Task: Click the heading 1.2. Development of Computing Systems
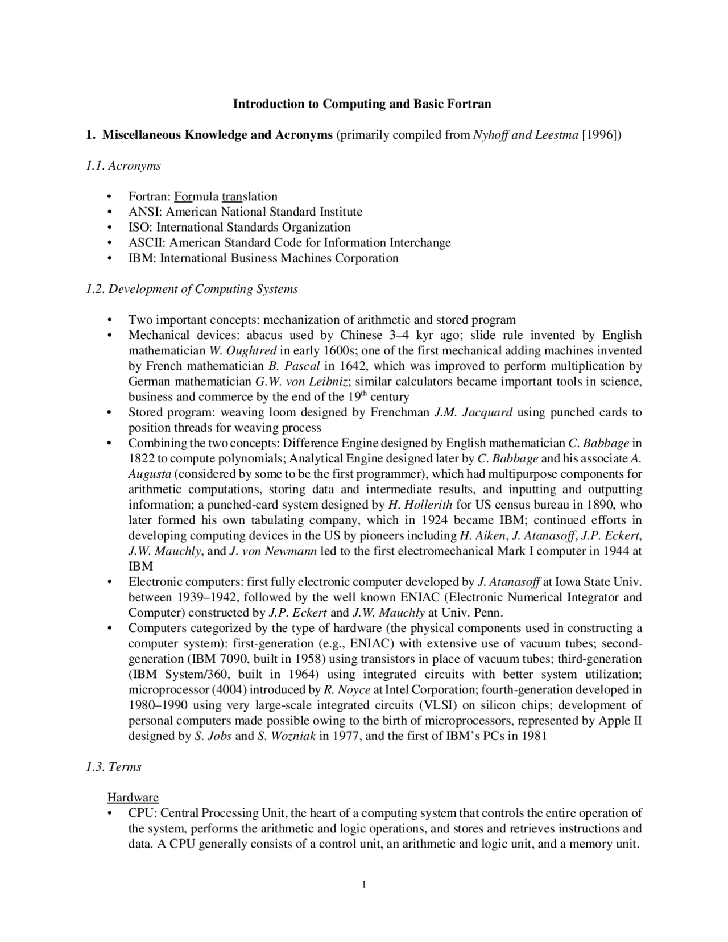pyautogui.click(x=192, y=289)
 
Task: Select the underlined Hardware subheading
pyautogui.click(x=133, y=798)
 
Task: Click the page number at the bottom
pyautogui.click(x=364, y=884)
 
